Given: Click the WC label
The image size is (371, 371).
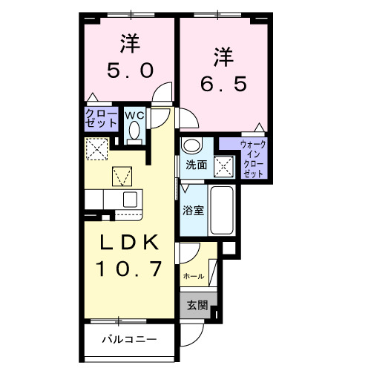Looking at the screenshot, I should (x=135, y=115).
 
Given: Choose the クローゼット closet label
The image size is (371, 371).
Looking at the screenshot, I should (x=101, y=118).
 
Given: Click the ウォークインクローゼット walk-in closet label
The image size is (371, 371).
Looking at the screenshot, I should (x=254, y=157).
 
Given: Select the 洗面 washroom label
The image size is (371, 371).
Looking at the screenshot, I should (x=196, y=165).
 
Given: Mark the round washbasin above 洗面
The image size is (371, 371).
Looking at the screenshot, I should (x=192, y=145).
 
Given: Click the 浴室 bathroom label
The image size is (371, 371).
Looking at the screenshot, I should (x=193, y=210).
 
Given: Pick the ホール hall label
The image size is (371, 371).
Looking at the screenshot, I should (x=193, y=275).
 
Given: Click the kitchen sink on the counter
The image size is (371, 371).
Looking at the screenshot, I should (x=131, y=200).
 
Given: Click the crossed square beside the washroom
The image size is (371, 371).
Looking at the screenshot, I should (x=223, y=165).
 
